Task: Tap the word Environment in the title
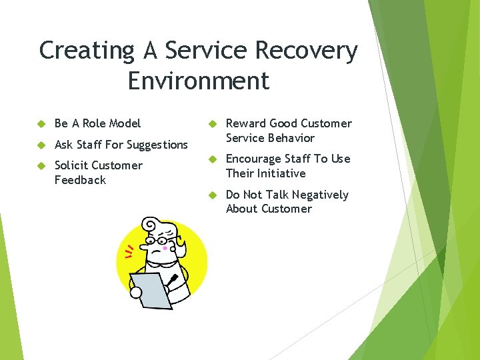point(198,81)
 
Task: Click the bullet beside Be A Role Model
point(41,123)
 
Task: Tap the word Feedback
point(80,180)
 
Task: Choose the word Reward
point(246,123)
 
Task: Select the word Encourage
point(254,159)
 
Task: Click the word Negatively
point(316,195)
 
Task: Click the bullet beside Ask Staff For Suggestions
point(41,145)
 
